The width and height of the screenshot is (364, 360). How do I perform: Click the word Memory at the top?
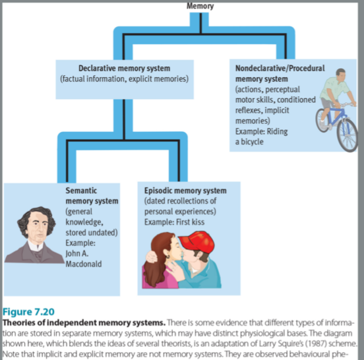tap(200, 6)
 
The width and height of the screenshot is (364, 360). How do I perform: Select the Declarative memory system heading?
tap(124, 68)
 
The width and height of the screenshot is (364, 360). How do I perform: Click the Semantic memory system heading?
tap(92, 196)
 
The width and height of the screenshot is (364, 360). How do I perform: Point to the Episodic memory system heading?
tap(185, 191)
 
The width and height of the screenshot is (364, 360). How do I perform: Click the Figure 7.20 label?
tap(28, 312)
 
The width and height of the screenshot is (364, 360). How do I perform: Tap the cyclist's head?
tap(341, 75)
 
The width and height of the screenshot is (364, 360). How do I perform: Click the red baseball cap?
tap(197, 242)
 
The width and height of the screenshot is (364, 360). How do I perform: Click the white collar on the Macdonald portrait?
tap(36, 245)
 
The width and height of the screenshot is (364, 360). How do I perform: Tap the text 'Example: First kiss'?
tap(174, 222)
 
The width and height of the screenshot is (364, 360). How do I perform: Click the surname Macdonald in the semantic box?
tap(84, 264)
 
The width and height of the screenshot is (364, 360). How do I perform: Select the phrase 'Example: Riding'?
tap(261, 131)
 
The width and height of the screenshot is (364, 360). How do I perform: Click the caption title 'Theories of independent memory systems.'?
tap(84, 322)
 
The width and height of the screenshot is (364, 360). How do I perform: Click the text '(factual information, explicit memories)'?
tap(124, 79)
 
